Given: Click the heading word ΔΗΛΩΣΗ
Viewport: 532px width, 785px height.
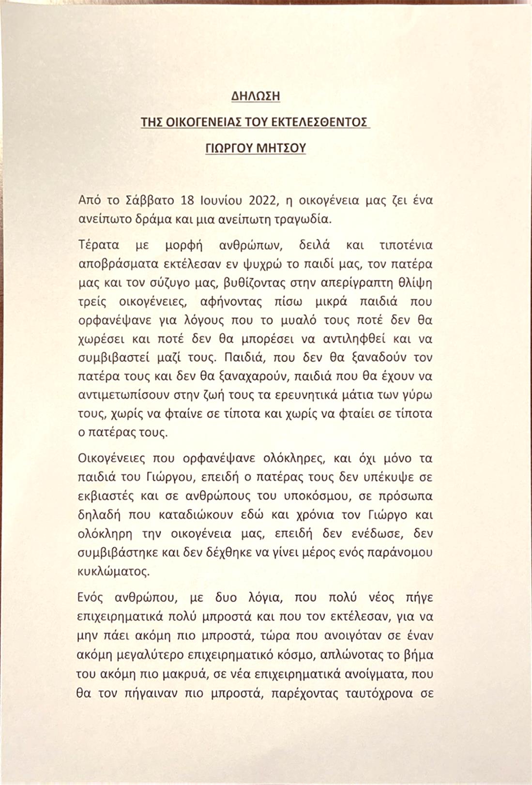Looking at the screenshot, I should tap(256, 96).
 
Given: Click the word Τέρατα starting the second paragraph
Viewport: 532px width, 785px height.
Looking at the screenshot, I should tap(97, 245).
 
